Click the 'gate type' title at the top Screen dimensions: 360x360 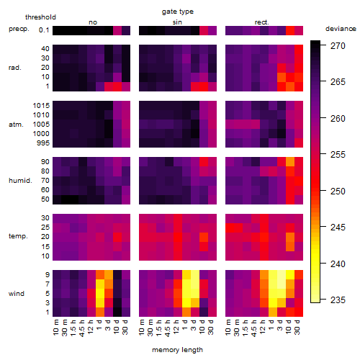[x=178, y=12]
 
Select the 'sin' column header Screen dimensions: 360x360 [x=177, y=22]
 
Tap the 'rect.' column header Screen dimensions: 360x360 [x=261, y=22]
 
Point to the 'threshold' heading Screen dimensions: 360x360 [x=40, y=17]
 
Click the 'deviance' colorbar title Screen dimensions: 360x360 [x=341, y=29]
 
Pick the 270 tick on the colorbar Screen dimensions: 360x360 [x=338, y=46]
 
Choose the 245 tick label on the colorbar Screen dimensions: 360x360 [x=338, y=228]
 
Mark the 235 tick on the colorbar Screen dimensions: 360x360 [x=338, y=300]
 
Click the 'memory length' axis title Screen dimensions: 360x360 [x=177, y=350]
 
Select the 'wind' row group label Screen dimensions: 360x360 [x=17, y=294]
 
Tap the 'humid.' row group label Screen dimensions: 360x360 [x=20, y=181]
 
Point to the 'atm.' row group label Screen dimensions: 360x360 [x=16, y=125]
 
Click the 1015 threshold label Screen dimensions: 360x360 [x=41, y=106]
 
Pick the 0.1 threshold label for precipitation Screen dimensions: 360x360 [x=44, y=30]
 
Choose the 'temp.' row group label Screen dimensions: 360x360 [x=18, y=236]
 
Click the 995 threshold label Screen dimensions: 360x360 [x=43, y=143]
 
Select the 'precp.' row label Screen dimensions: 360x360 [x=19, y=30]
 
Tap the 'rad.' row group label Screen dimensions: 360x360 [x=14, y=68]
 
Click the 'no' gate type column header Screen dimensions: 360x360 [x=93, y=22]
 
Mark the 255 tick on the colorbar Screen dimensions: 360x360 [x=338, y=155]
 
